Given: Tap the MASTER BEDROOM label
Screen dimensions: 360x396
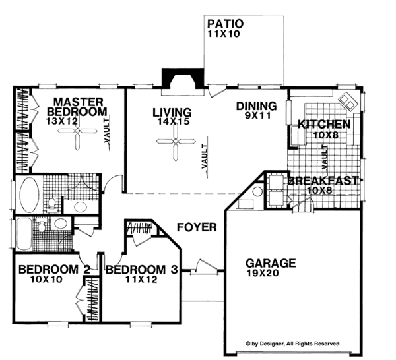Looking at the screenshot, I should coord(79,107).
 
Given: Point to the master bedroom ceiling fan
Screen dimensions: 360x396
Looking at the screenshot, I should coord(78,135).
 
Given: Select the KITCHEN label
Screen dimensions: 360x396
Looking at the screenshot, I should coord(323,125).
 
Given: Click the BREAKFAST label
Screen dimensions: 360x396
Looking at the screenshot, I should coord(323,181).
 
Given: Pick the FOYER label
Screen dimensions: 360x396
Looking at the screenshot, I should coord(197,227).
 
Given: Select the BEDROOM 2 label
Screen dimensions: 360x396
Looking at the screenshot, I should coord(45,269).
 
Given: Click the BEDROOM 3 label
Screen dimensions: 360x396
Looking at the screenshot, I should coord(142,269).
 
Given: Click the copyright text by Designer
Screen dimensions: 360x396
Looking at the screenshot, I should coord(292,343).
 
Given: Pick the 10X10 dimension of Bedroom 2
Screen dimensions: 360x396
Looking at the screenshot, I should coord(44,280).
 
